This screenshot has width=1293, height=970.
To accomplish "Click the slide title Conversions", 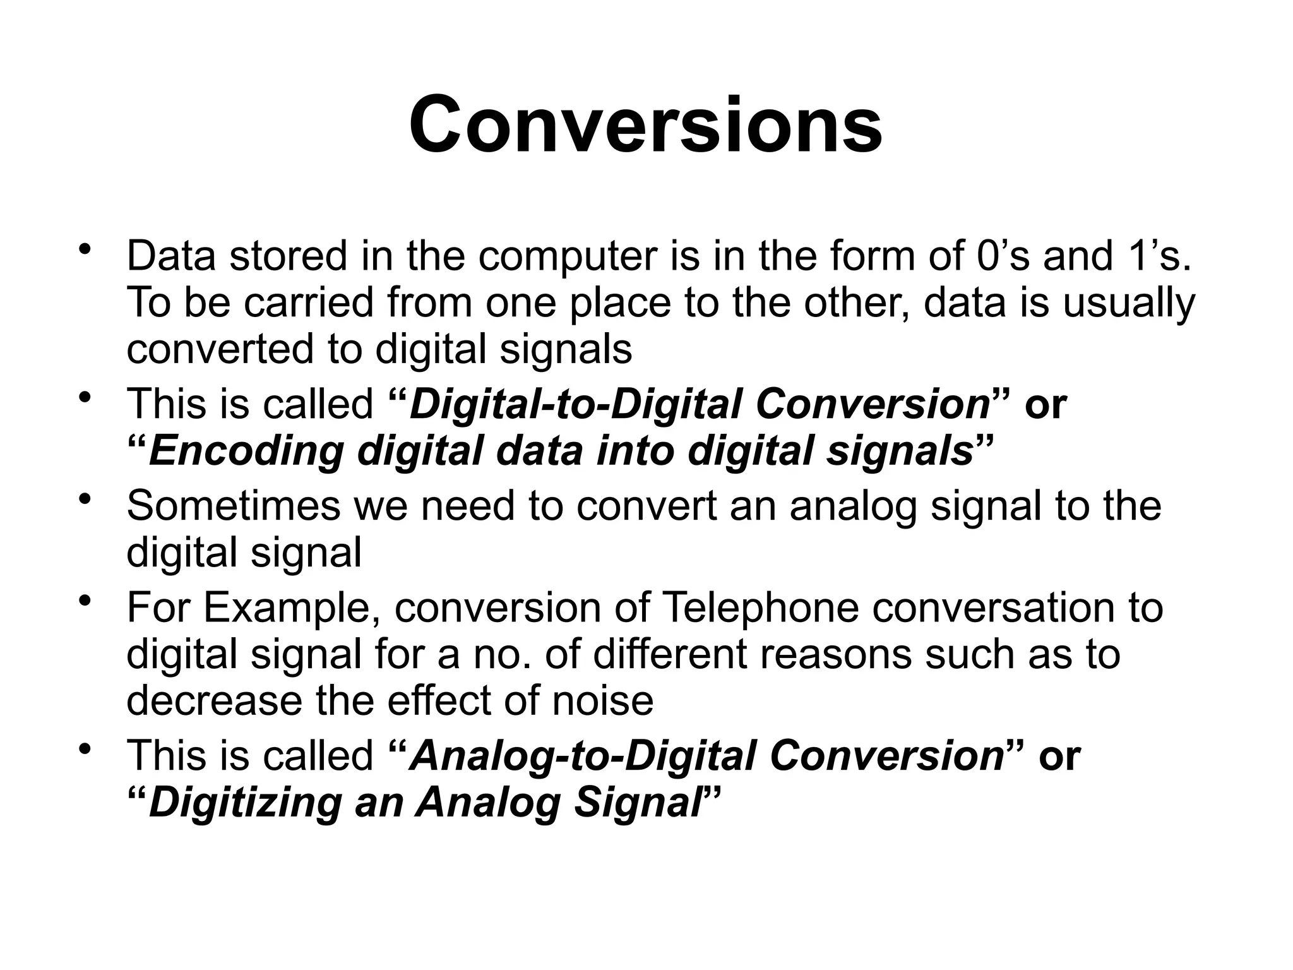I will click(x=645, y=124).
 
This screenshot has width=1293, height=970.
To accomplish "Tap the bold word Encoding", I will click(x=247, y=451).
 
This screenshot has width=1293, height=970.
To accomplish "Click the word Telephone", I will click(x=761, y=608).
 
